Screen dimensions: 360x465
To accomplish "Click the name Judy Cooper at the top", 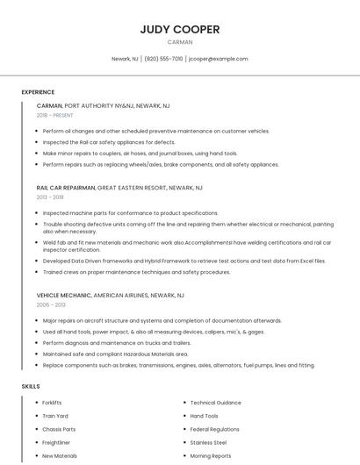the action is tap(180, 29).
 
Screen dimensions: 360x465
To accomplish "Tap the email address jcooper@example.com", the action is tap(219, 59).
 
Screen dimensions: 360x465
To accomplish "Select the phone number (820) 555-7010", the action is tap(163, 59).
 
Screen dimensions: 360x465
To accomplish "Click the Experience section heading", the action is tap(38, 92).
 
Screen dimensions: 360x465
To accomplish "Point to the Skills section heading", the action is tap(31, 386).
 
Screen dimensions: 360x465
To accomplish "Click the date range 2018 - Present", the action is tap(55, 115).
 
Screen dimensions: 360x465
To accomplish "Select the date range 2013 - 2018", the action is tap(50, 197).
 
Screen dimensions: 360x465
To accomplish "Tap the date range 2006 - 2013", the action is tap(51, 304).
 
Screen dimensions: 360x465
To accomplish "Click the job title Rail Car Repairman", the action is tap(66, 188).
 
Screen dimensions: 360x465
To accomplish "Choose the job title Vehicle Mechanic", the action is tap(64, 295).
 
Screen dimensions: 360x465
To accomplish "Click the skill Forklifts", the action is tap(53, 403).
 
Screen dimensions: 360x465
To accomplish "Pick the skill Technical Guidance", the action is tap(215, 403).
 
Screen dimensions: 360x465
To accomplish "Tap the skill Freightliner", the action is tap(56, 443).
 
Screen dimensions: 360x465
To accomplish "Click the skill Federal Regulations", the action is tap(214, 430).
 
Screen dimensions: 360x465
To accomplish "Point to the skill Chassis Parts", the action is tap(59, 430).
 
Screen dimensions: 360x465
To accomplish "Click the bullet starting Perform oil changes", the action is tap(155, 131).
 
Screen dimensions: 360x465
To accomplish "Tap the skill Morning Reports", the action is tap(211, 456).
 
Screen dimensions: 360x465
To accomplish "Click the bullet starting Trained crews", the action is tap(136, 272).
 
